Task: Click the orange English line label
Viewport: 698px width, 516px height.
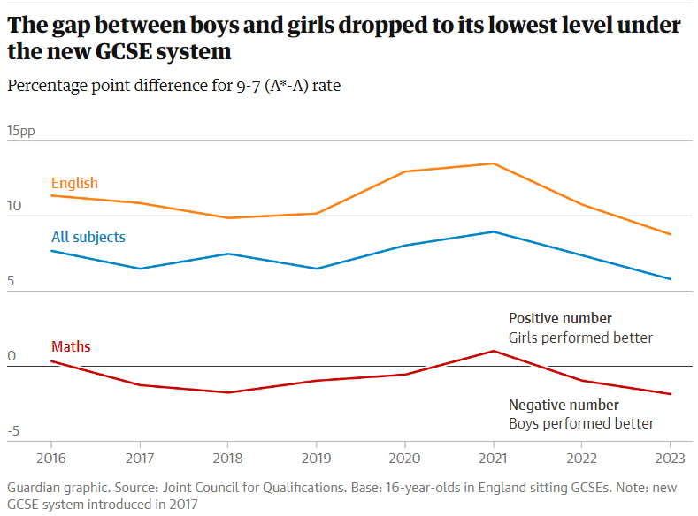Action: (74, 184)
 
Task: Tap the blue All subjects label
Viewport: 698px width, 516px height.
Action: (88, 237)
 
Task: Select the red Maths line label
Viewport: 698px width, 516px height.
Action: (71, 347)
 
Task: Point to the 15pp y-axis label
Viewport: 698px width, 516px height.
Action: (21, 131)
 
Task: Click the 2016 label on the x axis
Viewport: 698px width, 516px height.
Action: (50, 459)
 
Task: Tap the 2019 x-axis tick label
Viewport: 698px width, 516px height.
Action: (316, 459)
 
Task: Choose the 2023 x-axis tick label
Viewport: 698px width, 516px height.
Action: (670, 459)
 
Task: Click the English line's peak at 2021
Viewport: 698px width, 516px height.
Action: (493, 163)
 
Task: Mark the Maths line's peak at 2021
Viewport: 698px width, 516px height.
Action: (493, 351)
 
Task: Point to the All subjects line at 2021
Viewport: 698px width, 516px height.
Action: (493, 231)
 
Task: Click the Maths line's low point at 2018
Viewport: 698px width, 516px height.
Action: (227, 392)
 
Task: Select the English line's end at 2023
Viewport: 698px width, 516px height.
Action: (670, 234)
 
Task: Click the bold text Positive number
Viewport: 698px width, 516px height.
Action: (560, 318)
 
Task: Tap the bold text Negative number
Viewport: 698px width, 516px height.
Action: (564, 405)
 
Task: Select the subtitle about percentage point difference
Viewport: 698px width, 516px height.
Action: (173, 86)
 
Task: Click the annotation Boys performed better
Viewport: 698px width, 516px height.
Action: (581, 423)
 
